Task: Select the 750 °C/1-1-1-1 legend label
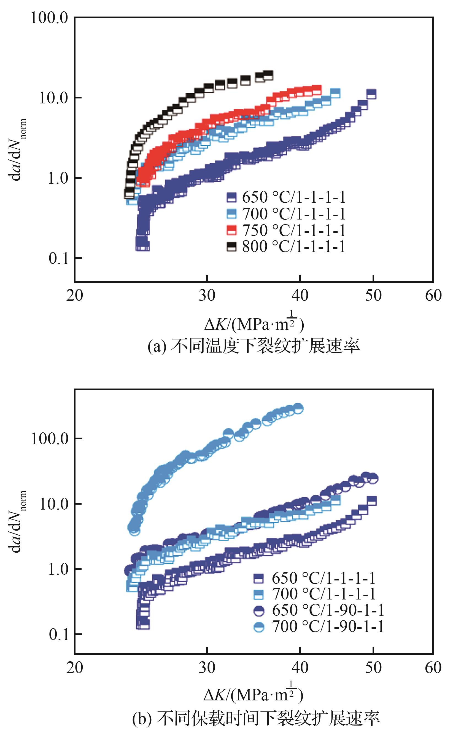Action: coord(293,230)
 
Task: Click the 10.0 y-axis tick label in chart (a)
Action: coord(53,98)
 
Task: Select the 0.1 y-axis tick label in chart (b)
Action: coord(59,634)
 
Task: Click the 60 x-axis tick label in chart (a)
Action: coord(433,296)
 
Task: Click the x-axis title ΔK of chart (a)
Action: coord(254,323)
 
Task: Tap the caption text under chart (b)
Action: coord(256,718)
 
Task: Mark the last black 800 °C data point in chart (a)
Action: coord(268,75)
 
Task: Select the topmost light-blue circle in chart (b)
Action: coord(298,408)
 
